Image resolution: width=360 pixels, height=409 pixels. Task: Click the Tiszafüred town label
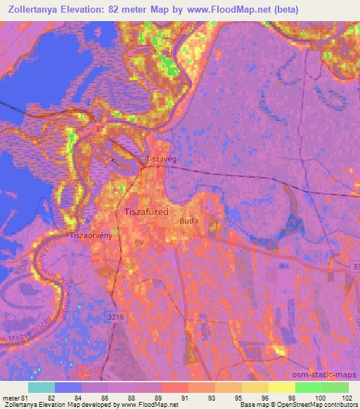click(x=152, y=211)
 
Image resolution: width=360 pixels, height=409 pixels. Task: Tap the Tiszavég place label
click(x=160, y=160)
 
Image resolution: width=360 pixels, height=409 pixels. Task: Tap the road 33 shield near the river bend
click(x=101, y=129)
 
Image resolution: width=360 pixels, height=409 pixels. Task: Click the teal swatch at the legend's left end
click(x=41, y=387)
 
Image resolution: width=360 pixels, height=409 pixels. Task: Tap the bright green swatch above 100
click(x=308, y=387)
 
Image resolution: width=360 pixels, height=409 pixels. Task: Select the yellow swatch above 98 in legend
click(x=281, y=387)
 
